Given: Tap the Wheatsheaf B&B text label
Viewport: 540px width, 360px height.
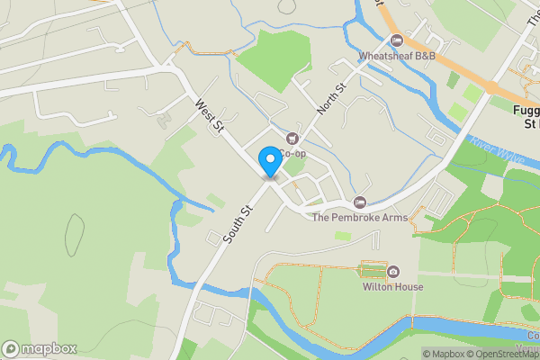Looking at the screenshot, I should point(396,56).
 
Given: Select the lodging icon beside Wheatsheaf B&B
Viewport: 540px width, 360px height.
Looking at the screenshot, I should point(397,40).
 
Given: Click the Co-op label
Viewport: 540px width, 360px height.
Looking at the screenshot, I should point(292,154).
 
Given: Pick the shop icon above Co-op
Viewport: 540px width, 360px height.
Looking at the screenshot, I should point(292,139).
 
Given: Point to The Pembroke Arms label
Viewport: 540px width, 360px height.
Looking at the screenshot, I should point(359,217).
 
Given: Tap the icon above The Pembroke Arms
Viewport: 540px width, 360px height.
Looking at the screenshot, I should point(360,202).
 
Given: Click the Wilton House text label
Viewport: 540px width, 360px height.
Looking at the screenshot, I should point(392,287).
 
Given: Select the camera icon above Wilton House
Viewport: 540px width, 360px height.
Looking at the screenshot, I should point(393,272).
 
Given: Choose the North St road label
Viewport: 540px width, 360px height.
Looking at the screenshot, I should point(330,100).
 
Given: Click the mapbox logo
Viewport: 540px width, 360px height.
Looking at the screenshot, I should point(40,348).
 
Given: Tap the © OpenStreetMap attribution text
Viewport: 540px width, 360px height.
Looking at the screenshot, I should point(504,354).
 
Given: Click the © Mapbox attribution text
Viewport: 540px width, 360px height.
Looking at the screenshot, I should point(444,354).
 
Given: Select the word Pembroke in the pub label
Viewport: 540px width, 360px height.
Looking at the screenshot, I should point(357,217).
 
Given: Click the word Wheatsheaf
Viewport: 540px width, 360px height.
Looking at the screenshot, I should point(385,56).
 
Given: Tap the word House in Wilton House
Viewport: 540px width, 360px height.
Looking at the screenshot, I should point(408,287).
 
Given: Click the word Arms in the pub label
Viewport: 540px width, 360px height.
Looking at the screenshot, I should point(393,217).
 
